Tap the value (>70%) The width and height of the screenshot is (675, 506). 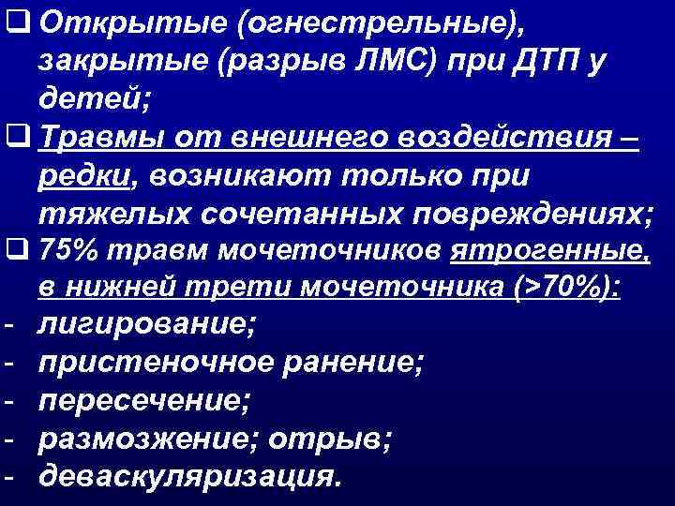566,290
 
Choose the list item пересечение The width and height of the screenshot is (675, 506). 144,403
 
